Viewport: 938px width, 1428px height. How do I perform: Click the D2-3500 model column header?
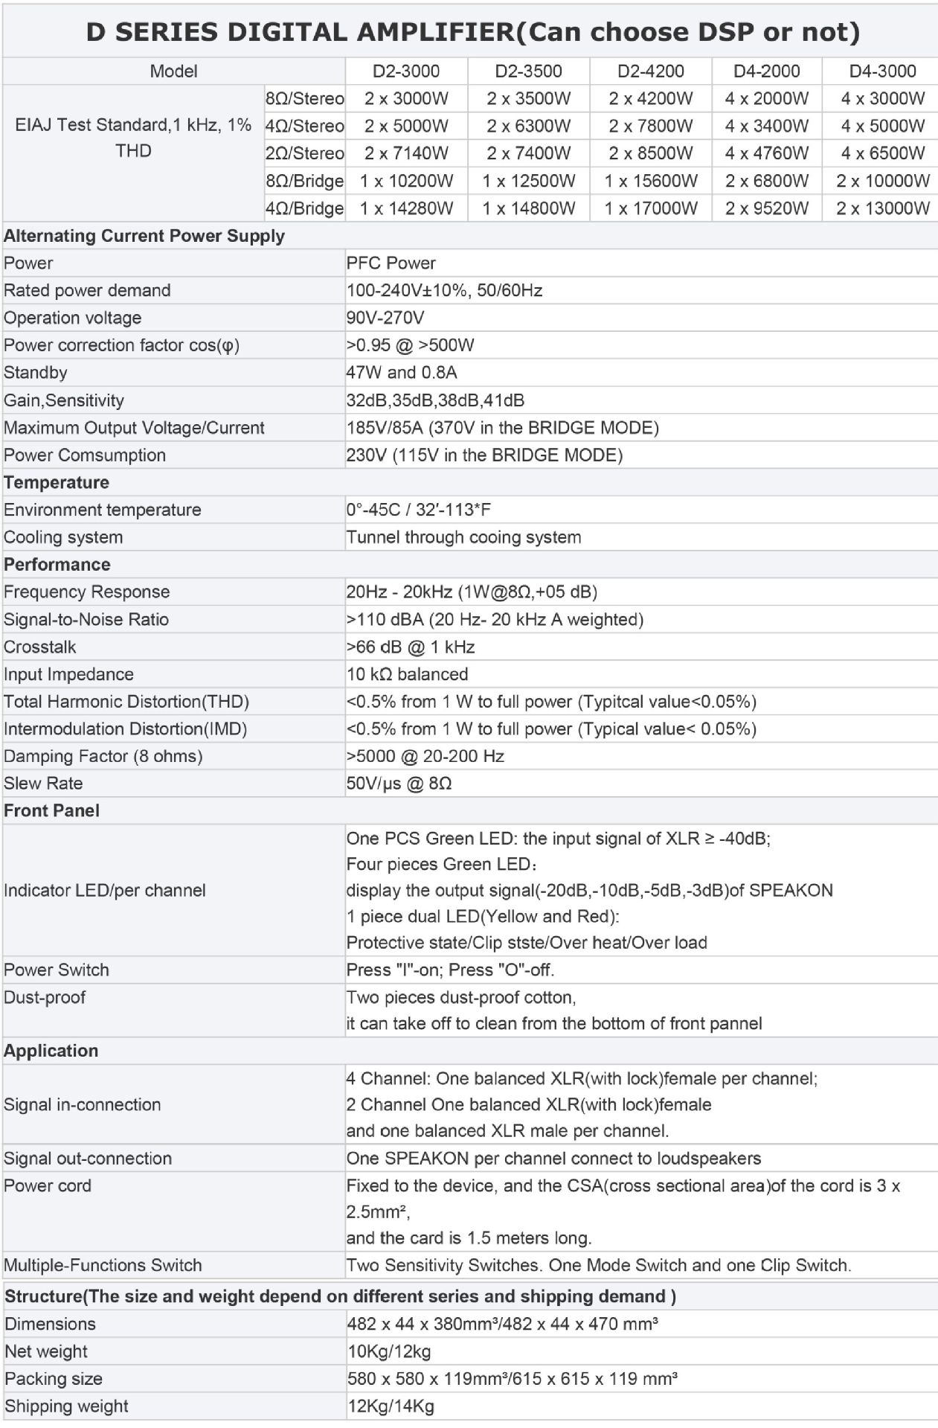coord(528,71)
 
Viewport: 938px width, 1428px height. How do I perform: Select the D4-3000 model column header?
coord(882,71)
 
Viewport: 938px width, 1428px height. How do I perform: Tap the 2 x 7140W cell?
coord(406,153)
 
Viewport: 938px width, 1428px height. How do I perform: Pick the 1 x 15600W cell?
coord(651,181)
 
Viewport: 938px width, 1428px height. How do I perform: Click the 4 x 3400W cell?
coord(767,126)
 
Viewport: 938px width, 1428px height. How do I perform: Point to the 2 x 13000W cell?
coord(882,208)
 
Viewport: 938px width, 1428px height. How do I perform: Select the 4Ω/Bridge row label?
coord(305,208)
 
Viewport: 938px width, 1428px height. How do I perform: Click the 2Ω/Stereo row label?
coord(305,153)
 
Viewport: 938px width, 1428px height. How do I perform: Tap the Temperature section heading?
coord(57,482)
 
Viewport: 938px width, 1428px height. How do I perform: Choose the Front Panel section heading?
coord(51,810)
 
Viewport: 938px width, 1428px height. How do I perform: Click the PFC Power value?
coord(391,263)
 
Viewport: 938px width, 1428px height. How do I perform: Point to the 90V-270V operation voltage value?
coord(385,318)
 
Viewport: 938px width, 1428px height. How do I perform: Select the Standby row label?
coord(35,373)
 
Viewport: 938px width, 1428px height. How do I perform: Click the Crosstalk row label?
coord(39,647)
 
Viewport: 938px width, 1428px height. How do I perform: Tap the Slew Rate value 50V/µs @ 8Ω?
coord(399,784)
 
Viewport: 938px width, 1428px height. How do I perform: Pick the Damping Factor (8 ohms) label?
coord(103,756)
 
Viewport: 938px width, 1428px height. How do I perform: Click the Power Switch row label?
coord(56,970)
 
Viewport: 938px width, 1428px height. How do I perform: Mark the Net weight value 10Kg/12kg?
coord(388,1351)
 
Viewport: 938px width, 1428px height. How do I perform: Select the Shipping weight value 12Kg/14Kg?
coord(390,1406)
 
